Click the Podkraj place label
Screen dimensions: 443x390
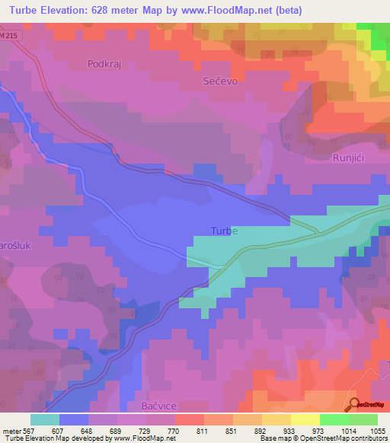(104, 65)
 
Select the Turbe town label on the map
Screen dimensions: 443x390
(224, 231)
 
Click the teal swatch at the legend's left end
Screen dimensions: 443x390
(45, 419)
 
